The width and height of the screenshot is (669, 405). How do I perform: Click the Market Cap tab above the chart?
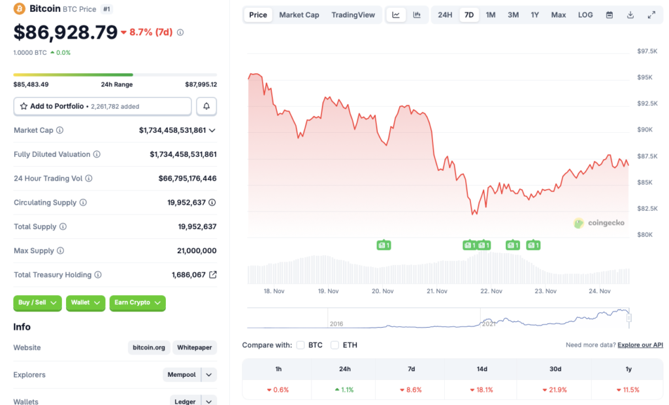299,15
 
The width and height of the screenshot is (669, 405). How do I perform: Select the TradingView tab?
353,15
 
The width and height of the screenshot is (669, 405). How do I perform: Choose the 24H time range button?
445,15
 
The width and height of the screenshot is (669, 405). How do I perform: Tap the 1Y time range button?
535,15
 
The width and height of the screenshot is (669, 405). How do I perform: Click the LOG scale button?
585,15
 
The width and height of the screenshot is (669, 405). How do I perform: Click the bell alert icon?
206,106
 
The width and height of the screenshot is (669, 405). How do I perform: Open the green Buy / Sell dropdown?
37,303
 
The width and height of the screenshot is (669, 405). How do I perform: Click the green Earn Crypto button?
137,303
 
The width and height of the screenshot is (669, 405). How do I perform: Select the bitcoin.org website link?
150,347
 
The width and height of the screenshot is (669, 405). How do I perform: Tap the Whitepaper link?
195,347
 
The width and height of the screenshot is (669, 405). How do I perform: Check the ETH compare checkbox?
334,345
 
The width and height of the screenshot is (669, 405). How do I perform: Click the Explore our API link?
640,345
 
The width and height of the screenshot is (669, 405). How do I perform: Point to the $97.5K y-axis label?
647,51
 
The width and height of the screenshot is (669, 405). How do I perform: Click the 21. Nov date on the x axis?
436,291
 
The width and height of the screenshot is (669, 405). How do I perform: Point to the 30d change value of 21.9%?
555,390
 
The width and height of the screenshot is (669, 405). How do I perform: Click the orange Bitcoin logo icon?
19,9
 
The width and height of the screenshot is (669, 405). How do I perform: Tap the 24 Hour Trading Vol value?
187,179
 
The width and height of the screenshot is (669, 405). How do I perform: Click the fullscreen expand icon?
651,15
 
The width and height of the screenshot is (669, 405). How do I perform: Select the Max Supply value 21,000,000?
197,251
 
